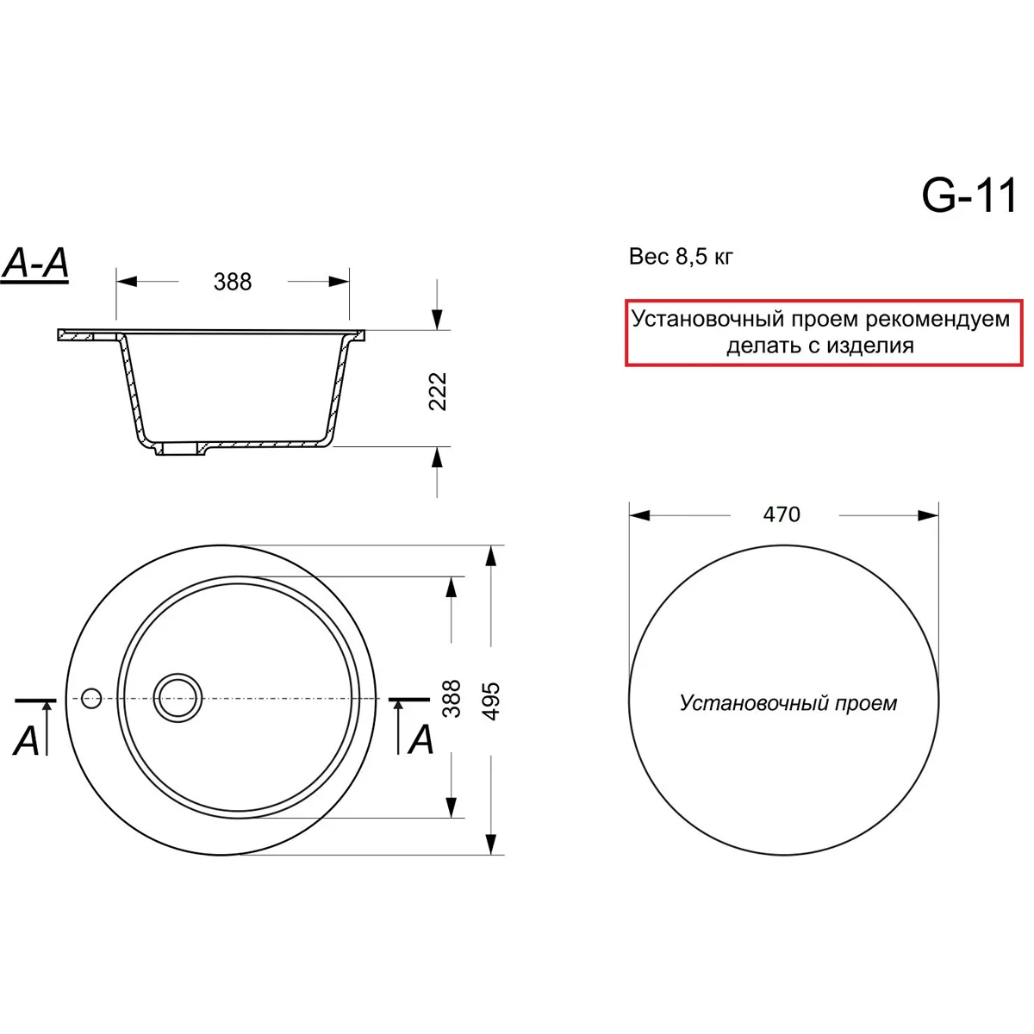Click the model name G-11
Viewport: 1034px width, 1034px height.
969,196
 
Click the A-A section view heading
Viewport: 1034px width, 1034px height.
35,264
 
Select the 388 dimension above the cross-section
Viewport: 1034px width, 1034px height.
233,282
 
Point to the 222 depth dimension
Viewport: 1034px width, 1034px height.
438,391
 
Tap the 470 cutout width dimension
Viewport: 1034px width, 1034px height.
782,514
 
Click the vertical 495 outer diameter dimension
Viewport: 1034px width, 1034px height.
491,701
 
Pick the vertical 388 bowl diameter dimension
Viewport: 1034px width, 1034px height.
452,699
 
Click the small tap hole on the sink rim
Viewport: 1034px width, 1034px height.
91,698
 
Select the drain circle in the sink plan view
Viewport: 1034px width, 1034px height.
178,698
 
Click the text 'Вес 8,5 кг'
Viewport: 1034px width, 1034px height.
681,257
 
